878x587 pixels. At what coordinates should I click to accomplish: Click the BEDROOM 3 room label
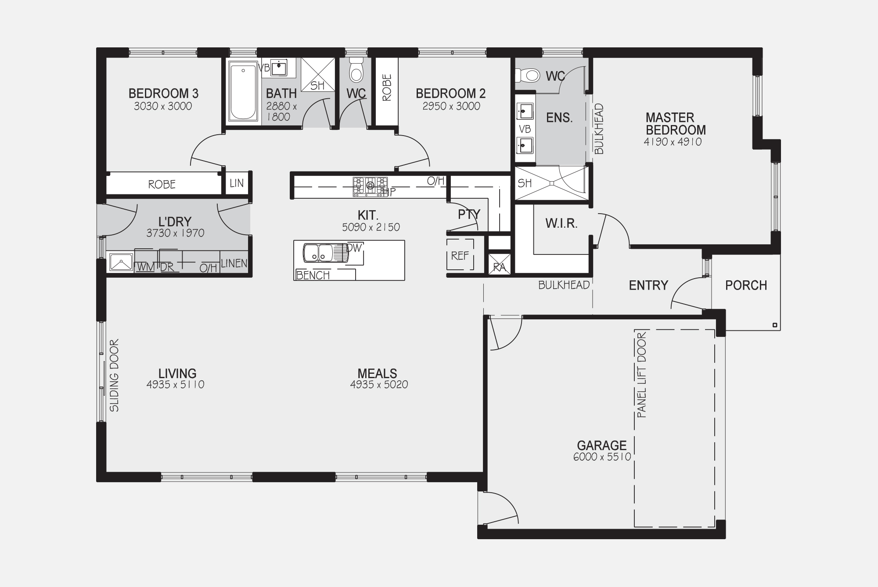tap(163, 93)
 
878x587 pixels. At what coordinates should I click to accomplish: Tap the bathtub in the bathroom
tap(243, 92)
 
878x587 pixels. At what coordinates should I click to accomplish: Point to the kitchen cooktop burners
tap(371, 186)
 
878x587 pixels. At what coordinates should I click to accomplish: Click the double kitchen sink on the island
tap(318, 253)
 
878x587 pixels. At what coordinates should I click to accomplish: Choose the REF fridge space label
tap(460, 255)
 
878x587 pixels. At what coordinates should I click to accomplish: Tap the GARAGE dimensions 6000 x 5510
tap(602, 457)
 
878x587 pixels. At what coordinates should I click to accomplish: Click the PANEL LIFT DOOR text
tap(641, 375)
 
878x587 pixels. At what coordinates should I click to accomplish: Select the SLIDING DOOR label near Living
tap(114, 376)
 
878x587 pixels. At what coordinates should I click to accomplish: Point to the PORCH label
tap(746, 285)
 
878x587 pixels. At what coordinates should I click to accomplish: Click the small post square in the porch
tap(775, 325)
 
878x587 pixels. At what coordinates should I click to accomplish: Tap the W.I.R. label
tap(561, 223)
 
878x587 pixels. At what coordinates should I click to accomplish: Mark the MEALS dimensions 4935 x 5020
tap(379, 385)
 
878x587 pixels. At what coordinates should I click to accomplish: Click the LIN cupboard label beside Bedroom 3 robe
tap(237, 183)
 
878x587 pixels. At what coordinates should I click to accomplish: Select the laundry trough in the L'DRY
tap(121, 262)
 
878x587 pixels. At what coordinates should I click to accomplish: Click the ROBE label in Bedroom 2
tap(387, 87)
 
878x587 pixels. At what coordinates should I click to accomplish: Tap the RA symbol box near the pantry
tap(500, 264)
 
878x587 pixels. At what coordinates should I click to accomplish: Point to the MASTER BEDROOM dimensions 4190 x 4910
tap(673, 142)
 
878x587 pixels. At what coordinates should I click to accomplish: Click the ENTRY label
tap(648, 286)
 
